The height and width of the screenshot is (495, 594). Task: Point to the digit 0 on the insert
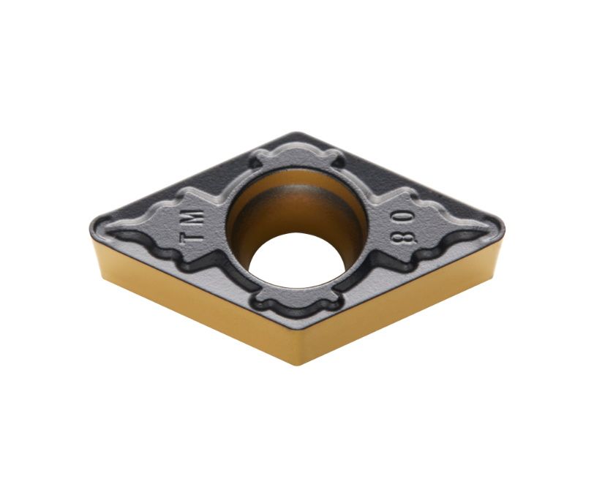[x=405, y=218]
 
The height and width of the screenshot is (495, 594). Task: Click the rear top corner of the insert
[x=296, y=133]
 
